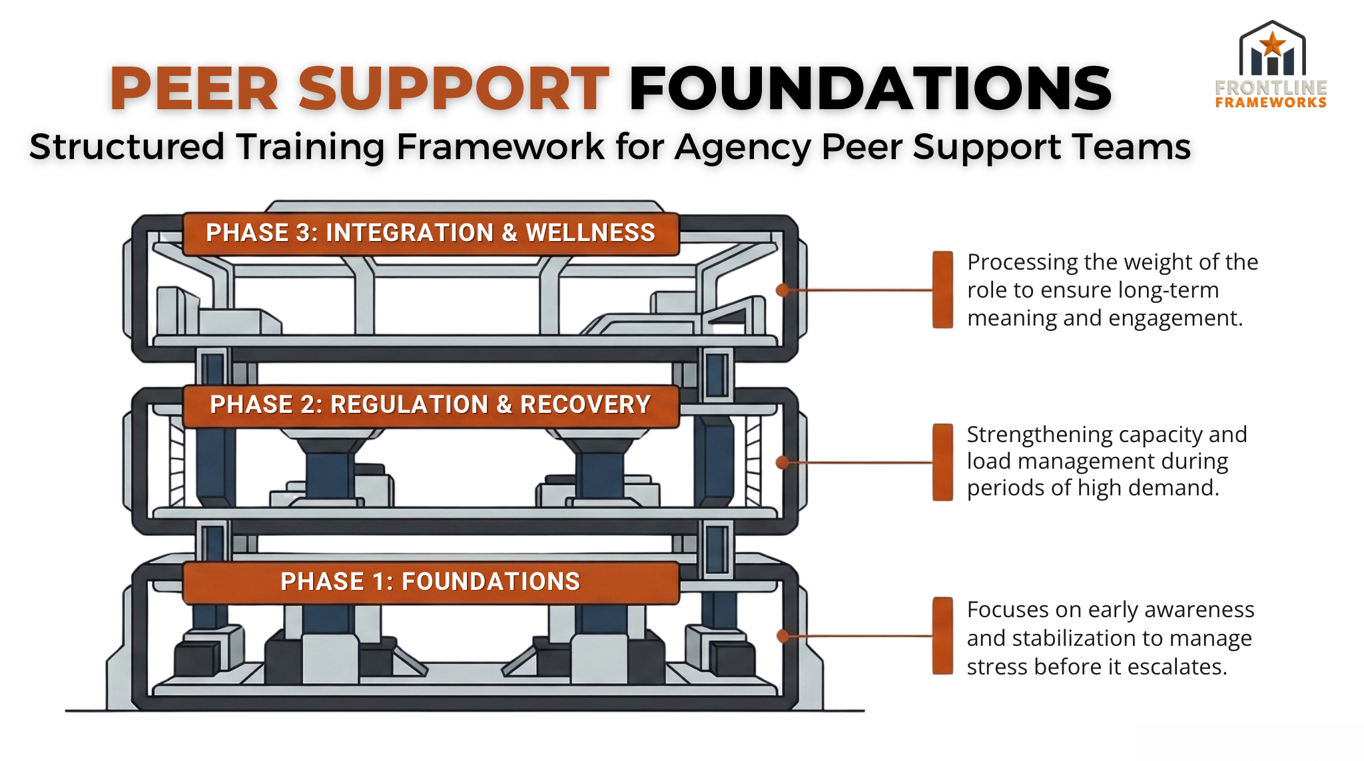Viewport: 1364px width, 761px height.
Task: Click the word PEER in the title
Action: pyautogui.click(x=194, y=89)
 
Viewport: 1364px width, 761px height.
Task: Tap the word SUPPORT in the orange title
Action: pyautogui.click(x=454, y=89)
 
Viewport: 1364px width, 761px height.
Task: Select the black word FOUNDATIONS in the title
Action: pyautogui.click(x=870, y=89)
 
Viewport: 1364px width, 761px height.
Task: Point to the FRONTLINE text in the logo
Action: pyautogui.click(x=1271, y=88)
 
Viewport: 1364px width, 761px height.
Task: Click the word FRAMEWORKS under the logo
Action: pyautogui.click(x=1271, y=103)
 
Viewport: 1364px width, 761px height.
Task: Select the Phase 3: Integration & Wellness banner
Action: pyautogui.click(x=430, y=234)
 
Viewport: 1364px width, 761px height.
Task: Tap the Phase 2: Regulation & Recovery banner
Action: pyautogui.click(x=430, y=405)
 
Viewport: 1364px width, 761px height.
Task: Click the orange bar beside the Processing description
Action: pyautogui.click(x=942, y=290)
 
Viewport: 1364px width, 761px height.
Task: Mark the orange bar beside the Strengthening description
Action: pyautogui.click(x=942, y=462)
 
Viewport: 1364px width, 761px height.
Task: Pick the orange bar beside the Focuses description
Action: pyautogui.click(x=942, y=636)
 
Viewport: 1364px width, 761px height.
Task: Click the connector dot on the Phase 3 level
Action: pyautogui.click(x=783, y=290)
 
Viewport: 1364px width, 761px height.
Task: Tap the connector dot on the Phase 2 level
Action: pyautogui.click(x=783, y=462)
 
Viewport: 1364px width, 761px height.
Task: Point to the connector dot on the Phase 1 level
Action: pyautogui.click(x=783, y=636)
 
